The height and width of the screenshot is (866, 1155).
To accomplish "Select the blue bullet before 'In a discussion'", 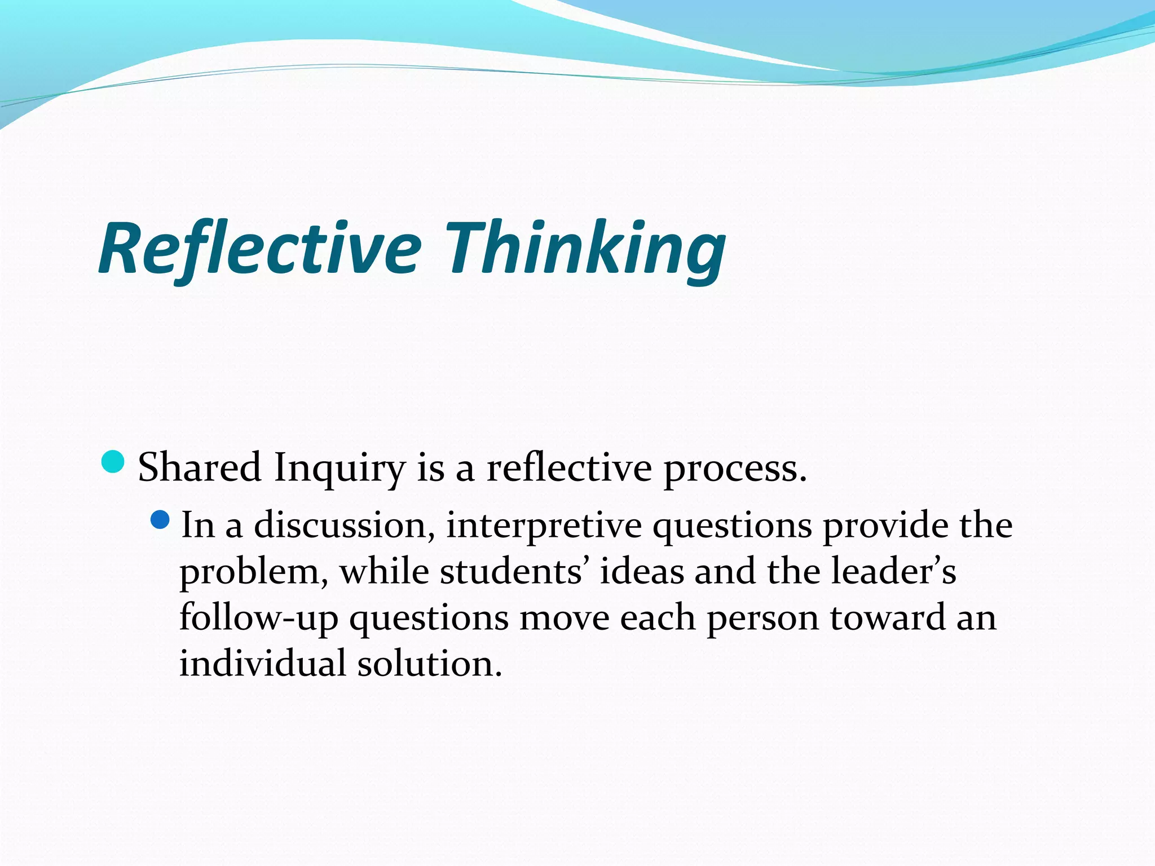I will point(161,519).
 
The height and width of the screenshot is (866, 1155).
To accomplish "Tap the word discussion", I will point(344,525).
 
